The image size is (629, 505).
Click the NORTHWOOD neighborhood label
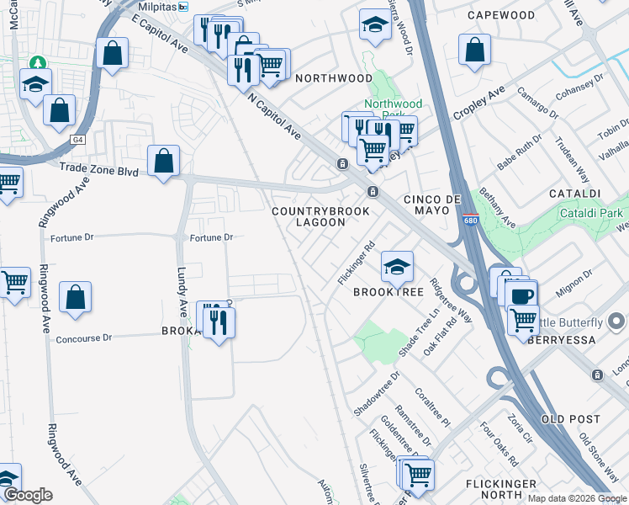333,78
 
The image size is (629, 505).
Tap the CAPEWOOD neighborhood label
502,15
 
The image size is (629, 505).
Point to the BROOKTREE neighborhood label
388,291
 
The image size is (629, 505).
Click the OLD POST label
571,419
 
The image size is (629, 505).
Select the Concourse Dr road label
83,338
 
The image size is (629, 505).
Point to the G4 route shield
79,139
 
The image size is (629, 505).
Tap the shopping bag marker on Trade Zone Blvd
164,160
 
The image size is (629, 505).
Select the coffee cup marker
521,295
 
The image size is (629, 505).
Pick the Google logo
28,495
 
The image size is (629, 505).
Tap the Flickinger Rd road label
357,263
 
